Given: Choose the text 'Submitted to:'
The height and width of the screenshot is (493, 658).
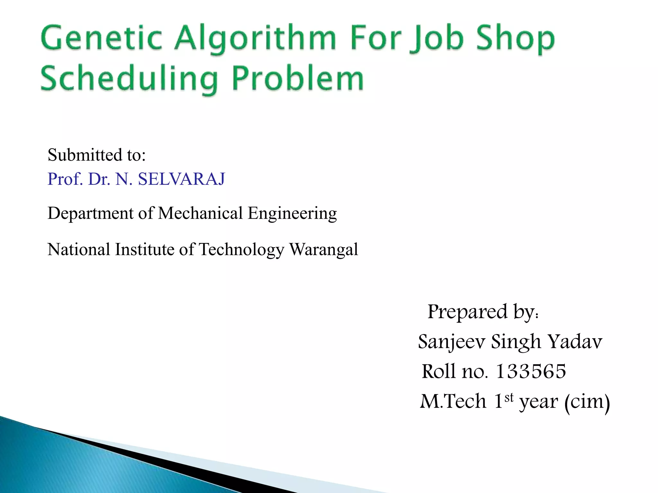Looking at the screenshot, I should click(97, 155).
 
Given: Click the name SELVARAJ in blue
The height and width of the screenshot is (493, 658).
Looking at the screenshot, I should click(182, 179).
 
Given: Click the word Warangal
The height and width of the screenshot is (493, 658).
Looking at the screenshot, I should click(324, 250).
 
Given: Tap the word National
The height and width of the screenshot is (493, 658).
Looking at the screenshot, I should click(79, 249).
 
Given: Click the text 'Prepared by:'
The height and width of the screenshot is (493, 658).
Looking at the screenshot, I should click(483, 311).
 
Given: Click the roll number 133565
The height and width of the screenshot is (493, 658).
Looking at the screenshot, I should click(531, 371).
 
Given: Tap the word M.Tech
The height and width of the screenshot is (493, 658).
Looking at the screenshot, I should click(453, 401).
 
